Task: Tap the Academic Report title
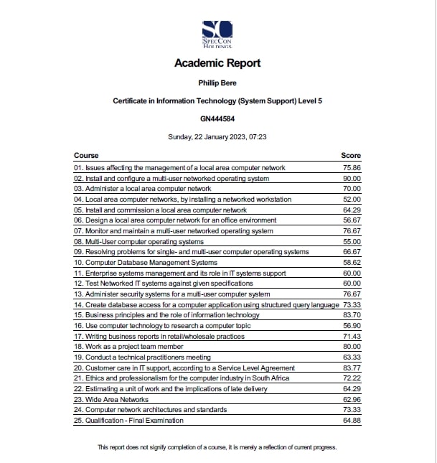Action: point(217,63)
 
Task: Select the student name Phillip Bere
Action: point(217,83)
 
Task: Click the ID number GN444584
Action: point(217,118)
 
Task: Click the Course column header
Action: point(86,156)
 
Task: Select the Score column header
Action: point(351,156)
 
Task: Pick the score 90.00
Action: point(352,178)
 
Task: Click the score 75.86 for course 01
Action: point(352,168)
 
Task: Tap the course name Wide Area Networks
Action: point(111,399)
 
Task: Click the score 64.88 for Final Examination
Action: point(352,420)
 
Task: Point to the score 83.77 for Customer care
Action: point(352,368)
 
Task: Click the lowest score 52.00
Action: point(352,200)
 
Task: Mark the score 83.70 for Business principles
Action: point(352,315)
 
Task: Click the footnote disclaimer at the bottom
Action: point(217,447)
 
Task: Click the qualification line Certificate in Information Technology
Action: point(217,101)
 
